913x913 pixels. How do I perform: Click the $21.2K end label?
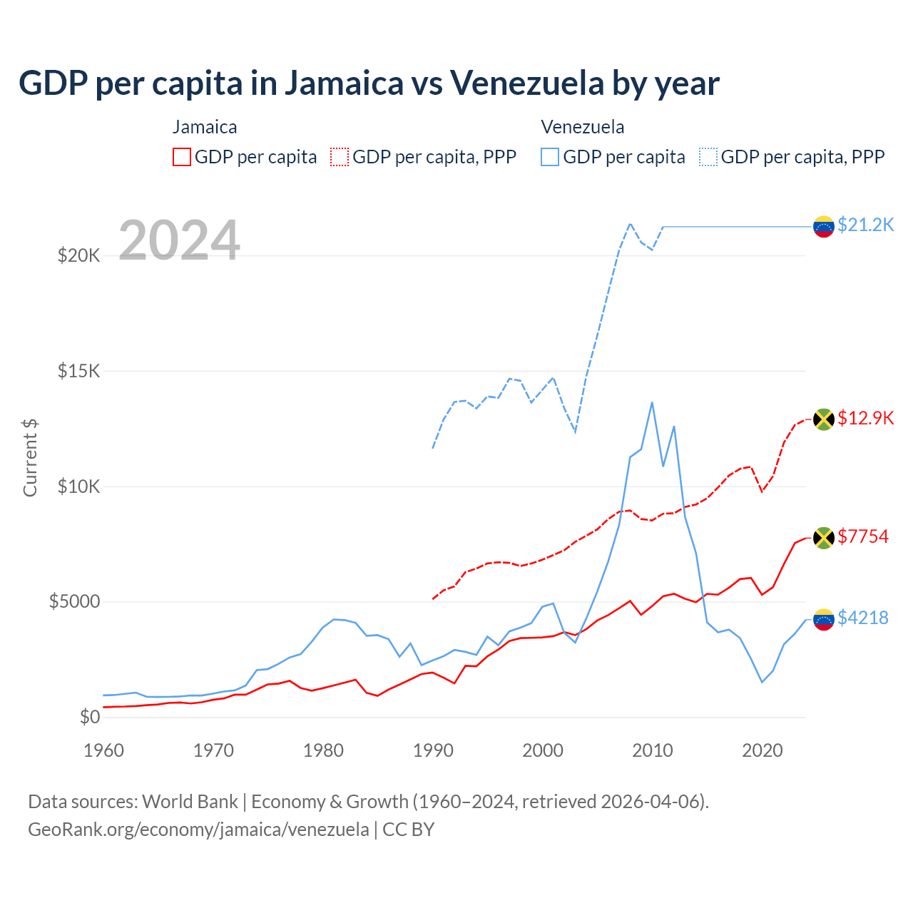click(x=865, y=225)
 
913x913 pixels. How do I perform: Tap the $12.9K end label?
click(x=865, y=418)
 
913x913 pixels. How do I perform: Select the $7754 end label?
click(x=863, y=536)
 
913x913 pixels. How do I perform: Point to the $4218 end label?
click(x=863, y=618)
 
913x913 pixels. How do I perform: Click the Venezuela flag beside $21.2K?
click(x=824, y=227)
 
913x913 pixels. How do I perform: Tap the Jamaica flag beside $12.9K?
click(x=824, y=419)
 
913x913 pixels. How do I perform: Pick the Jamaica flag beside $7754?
click(x=824, y=538)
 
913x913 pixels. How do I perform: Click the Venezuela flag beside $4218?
click(x=824, y=619)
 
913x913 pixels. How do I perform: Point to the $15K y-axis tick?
click(x=78, y=371)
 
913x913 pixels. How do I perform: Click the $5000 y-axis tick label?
click(x=74, y=602)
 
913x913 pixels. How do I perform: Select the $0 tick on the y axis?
click(x=89, y=717)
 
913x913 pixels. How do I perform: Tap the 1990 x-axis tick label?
click(x=433, y=750)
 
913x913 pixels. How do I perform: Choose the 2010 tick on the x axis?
click(x=653, y=750)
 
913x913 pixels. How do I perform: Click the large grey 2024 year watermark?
click(x=179, y=240)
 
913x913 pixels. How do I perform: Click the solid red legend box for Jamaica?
click(x=182, y=157)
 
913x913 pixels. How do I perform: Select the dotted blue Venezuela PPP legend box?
click(x=708, y=157)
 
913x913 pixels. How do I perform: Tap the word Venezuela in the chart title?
click(x=526, y=83)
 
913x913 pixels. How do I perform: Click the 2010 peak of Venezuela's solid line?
click(x=652, y=402)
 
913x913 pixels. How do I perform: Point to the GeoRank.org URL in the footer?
click(x=198, y=830)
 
